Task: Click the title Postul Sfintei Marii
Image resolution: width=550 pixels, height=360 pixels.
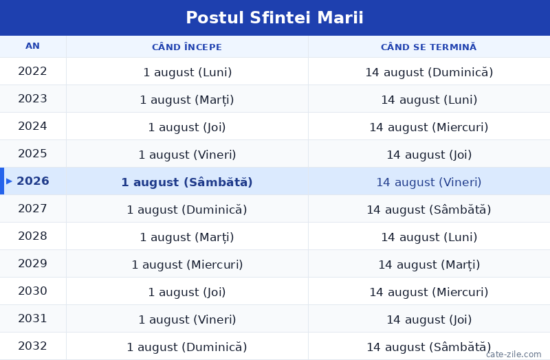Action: [274, 18]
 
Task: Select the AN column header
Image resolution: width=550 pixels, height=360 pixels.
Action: [32, 46]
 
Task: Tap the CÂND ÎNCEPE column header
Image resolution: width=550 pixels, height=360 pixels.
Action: [187, 47]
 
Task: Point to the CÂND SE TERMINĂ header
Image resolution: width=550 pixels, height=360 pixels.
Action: [428, 47]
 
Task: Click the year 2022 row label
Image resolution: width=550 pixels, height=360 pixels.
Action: [32, 71]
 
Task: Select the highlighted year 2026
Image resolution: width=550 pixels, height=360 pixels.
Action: [33, 181]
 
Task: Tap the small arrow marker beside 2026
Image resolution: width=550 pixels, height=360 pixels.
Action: [9, 181]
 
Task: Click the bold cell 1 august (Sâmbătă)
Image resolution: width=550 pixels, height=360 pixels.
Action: [187, 182]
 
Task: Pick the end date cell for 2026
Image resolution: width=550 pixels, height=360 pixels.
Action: [428, 182]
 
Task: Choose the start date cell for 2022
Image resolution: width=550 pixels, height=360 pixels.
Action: [187, 72]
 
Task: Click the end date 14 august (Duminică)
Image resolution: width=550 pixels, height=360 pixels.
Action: [429, 72]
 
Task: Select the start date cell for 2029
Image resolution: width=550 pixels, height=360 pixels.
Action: [187, 265]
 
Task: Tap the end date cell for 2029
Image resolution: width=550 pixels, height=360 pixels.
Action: [429, 265]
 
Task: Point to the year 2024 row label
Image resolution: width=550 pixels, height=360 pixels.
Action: [32, 126]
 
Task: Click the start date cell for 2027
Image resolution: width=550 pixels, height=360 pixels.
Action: [187, 210]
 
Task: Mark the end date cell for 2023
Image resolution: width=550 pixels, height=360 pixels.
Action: [429, 100]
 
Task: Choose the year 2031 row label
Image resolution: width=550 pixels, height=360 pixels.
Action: [32, 318]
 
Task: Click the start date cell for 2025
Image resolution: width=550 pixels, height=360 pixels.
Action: [187, 155]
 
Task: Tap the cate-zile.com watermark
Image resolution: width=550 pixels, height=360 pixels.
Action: [514, 355]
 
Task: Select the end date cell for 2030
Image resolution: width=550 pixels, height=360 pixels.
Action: [428, 292]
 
